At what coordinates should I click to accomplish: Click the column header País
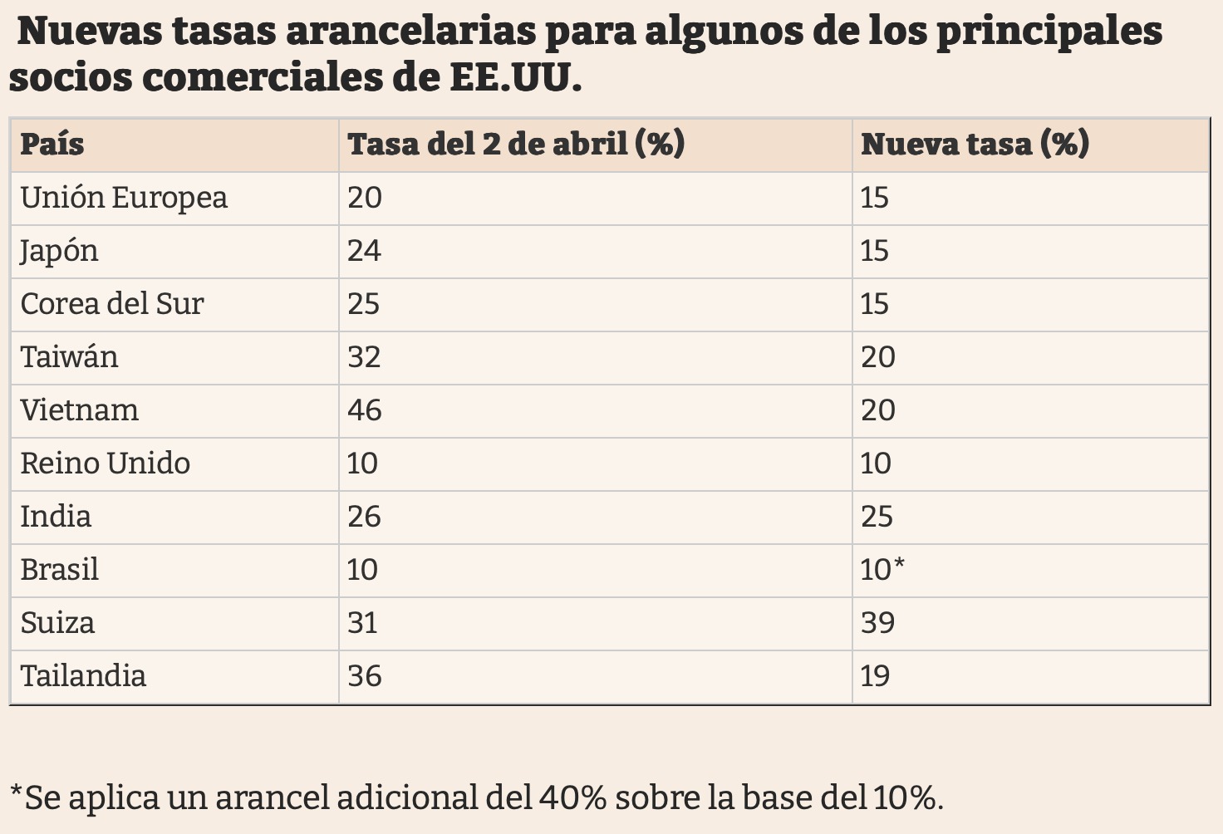coord(52,145)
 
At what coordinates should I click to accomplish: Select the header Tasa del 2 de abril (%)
coord(516,145)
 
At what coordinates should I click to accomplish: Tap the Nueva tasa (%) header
coord(975,145)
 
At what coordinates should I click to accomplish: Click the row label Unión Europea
coord(124,199)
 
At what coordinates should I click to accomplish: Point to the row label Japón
coord(60,252)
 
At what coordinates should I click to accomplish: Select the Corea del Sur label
coord(112,304)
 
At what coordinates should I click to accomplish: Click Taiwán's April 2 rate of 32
coord(364,357)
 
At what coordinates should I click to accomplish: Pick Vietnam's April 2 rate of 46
coord(365,410)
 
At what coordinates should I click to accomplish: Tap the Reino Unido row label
coord(106,464)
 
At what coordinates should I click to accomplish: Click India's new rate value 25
coord(877,517)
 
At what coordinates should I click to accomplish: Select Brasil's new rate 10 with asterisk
coord(882,570)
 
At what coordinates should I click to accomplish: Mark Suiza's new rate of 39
coord(877,623)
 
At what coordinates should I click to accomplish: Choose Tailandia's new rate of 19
coord(875,676)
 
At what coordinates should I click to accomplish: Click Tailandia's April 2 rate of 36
coord(365,676)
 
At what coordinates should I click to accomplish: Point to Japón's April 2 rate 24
coord(364,251)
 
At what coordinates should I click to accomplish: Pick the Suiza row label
coord(57,623)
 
